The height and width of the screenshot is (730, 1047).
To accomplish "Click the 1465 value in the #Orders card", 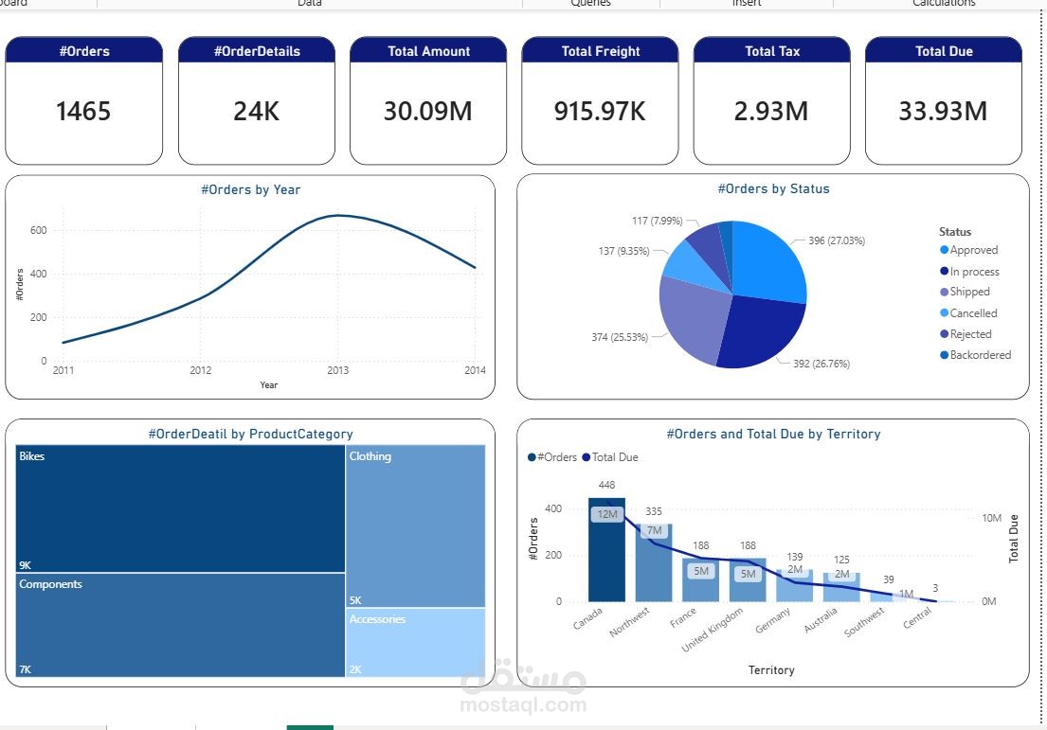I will [x=83, y=112].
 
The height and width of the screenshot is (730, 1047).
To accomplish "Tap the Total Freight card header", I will [x=600, y=51].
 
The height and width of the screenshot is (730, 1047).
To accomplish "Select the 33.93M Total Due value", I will [x=943, y=112].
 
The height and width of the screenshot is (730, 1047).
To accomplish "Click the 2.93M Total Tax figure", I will [x=771, y=112].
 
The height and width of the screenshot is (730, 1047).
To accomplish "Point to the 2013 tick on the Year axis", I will [x=338, y=370].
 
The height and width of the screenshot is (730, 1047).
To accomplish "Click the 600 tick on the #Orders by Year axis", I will [x=38, y=230].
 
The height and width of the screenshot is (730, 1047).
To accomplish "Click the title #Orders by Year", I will [x=250, y=189].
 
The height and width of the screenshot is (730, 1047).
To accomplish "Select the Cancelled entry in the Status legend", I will [x=973, y=313].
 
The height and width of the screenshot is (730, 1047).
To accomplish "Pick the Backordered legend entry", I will [x=980, y=355].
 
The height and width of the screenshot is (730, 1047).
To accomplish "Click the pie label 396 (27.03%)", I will [x=836, y=240].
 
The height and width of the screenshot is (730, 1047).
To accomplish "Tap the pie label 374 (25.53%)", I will [x=620, y=337].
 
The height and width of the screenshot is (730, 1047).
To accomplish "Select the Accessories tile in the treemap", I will [x=415, y=642].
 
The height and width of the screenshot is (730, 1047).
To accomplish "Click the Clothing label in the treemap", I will [x=370, y=456].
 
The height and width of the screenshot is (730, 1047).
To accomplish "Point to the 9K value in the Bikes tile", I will [x=25, y=565].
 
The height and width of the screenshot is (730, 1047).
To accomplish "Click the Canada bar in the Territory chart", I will [x=606, y=559].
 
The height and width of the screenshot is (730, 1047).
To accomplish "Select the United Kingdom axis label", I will [x=713, y=631].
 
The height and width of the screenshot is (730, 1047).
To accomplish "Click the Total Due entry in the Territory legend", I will [x=614, y=457].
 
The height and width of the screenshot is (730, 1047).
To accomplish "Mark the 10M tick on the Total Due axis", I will [x=991, y=518].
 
